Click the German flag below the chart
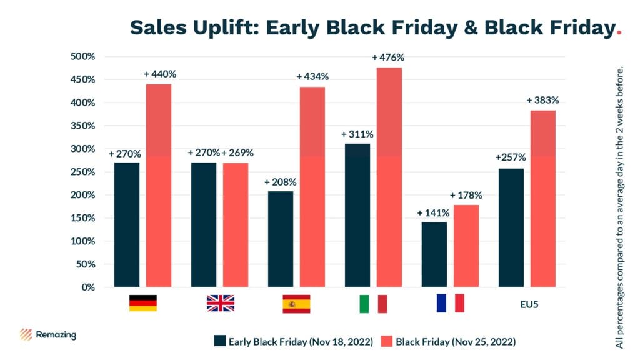pos(143,303)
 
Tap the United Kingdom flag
pos(220,303)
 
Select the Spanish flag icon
pos(296,303)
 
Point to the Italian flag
pos(373,304)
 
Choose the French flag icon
pos(450,302)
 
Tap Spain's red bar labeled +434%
pos(312,187)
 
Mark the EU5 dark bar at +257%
pos(511,227)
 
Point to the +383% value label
pos(542,100)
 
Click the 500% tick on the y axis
pos(82,56)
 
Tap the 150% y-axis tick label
pos(82,218)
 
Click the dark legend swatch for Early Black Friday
pos(219,341)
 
